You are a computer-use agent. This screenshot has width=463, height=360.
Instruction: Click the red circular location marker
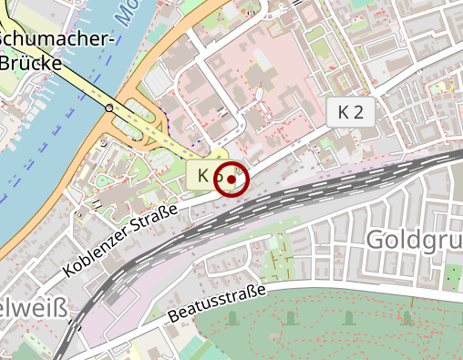coord(231,180)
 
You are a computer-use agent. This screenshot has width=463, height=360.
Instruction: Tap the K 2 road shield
coord(350,113)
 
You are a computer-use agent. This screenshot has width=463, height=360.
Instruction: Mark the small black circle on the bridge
coord(109,108)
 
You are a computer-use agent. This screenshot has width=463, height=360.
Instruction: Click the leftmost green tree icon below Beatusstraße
coord(231,318)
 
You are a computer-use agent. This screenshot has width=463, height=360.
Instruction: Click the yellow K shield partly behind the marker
coord(204,174)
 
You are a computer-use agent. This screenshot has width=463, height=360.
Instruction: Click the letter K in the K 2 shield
coord(343,113)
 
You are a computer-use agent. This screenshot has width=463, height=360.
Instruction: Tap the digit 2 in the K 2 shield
coord(358,113)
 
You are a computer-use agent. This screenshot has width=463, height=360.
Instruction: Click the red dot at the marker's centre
coord(231,180)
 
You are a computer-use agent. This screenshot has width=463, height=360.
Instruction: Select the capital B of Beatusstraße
coord(174,319)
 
